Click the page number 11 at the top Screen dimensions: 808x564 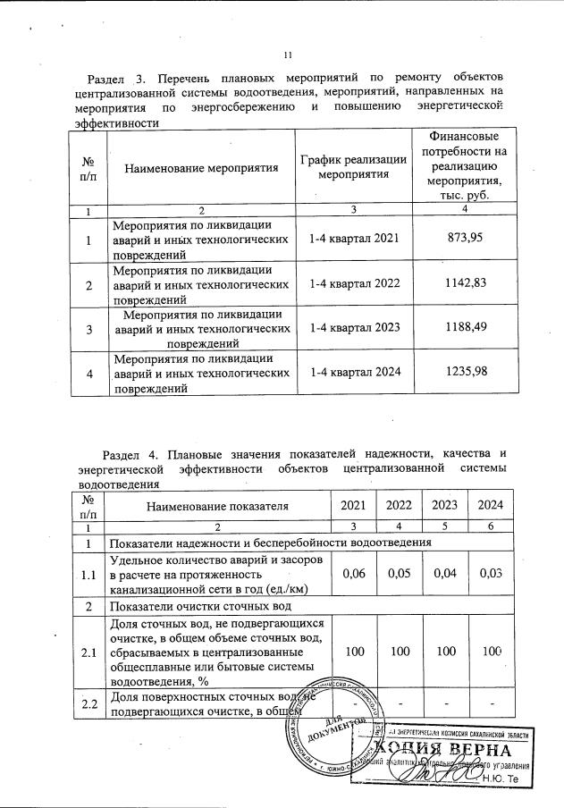click(288, 55)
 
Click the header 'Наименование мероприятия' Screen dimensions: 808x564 click(200, 168)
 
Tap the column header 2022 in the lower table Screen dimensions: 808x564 click(398, 506)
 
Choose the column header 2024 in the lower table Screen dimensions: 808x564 click(491, 506)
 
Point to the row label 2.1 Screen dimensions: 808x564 click(88, 653)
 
